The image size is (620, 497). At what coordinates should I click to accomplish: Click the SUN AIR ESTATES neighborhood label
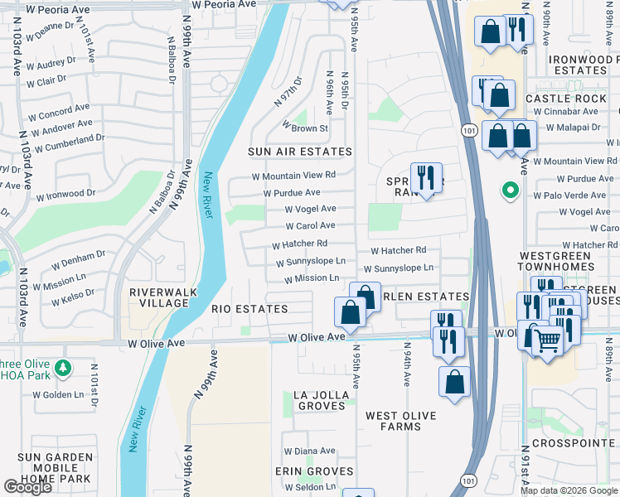click(x=299, y=152)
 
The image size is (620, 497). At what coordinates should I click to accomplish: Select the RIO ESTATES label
click(x=249, y=309)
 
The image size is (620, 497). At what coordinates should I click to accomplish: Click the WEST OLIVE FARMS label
click(x=400, y=421)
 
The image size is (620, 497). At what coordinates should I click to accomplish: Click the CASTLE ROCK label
click(x=566, y=99)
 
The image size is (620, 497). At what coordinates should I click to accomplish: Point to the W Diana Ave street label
click(x=309, y=451)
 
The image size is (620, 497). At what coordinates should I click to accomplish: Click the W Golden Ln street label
click(x=59, y=395)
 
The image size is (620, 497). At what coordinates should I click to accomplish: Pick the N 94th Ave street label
click(x=406, y=364)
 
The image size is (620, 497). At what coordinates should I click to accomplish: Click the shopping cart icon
click(x=547, y=340)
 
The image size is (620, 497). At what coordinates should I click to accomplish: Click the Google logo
click(x=27, y=487)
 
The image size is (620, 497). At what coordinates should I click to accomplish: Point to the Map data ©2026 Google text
click(x=568, y=490)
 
